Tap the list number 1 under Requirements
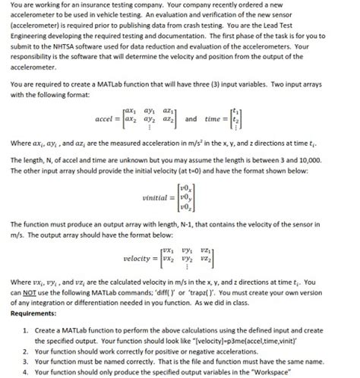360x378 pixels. [x=27, y=331]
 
